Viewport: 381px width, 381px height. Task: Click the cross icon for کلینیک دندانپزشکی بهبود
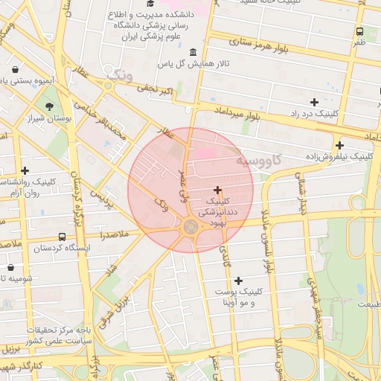pyautogui.click(x=217, y=190)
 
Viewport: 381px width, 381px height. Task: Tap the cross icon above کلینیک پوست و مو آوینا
pyautogui.click(x=238, y=281)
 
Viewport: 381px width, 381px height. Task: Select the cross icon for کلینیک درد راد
pyautogui.click(x=314, y=102)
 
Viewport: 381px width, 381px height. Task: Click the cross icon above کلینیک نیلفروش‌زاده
pyautogui.click(x=339, y=145)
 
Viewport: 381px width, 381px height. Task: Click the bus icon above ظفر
pyautogui.click(x=360, y=32)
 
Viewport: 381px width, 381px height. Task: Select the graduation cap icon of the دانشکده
pyautogui.click(x=141, y=14)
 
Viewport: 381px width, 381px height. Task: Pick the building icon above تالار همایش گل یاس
pyautogui.click(x=193, y=52)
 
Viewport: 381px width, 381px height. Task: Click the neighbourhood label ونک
pyautogui.click(x=119, y=75)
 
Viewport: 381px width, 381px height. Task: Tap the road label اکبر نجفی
pyautogui.click(x=155, y=88)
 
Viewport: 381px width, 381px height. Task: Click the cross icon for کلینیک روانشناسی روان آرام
pyautogui.click(x=25, y=170)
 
